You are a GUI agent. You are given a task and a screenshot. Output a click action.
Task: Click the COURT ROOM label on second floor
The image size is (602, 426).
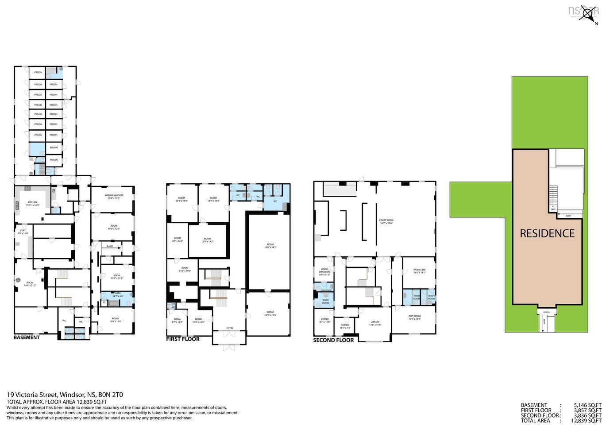click(386, 220)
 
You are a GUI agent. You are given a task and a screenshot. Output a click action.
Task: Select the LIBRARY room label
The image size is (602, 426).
click(375, 322)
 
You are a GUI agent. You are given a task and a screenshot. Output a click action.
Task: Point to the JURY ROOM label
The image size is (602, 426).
click(414, 316)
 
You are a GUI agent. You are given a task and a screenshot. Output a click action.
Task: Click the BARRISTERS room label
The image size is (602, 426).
click(419, 270)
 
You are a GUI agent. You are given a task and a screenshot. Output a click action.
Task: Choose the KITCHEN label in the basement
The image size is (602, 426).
click(33, 202)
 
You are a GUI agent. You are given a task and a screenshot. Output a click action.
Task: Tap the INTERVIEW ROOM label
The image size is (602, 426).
click(114, 195)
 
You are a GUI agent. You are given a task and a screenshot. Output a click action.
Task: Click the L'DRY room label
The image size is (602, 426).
click(22, 229)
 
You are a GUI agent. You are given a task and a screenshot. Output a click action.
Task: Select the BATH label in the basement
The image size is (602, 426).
click(118, 293)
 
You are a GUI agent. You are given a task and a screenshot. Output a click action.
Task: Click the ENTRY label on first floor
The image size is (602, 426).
click(230, 328)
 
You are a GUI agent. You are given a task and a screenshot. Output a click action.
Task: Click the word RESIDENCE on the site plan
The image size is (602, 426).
click(547, 233)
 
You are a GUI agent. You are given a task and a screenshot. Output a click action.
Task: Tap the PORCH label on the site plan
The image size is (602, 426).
click(546, 312)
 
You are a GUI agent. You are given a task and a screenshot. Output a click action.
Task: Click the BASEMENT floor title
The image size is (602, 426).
click(27, 337)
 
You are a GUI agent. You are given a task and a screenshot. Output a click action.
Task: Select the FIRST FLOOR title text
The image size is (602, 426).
click(183, 339)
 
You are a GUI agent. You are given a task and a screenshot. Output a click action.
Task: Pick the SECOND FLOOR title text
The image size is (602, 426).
click(333, 340)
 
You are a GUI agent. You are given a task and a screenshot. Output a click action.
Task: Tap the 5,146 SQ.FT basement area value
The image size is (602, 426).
click(587, 405)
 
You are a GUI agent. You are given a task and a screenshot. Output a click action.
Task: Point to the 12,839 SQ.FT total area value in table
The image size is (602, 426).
click(586, 421)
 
